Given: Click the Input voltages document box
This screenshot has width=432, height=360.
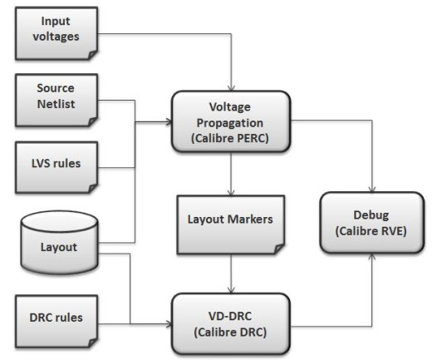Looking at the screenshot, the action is (56, 33).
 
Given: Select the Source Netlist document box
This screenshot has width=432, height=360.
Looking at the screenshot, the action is (56, 101).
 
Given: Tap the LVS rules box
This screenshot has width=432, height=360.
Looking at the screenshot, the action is (56, 167).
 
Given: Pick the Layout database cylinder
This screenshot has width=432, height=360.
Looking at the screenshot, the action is (59, 243).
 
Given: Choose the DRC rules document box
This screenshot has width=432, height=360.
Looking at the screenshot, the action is (56, 321).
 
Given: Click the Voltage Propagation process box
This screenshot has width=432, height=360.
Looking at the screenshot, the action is (231, 121).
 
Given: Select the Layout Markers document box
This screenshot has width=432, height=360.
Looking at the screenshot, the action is (231, 224).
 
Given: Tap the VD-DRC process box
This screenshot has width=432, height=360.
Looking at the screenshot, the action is (231, 323).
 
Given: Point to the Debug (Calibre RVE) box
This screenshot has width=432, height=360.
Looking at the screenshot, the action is (372, 223).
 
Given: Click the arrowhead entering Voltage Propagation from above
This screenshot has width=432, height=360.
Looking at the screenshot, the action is (231, 88).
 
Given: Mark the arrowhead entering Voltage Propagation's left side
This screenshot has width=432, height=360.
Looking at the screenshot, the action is (169, 121).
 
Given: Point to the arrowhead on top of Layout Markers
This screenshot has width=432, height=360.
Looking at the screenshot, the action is (231, 193).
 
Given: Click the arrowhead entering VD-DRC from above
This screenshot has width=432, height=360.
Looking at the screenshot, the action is (231, 290).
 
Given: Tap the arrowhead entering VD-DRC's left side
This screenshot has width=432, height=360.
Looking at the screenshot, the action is (169, 323).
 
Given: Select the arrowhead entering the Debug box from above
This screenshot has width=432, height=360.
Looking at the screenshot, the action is (372, 189).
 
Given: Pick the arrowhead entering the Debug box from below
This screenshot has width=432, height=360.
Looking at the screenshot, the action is (372, 256).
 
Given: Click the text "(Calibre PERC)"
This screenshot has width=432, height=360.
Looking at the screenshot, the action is (230, 138).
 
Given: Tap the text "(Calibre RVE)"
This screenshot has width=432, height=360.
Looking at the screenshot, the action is (371, 231).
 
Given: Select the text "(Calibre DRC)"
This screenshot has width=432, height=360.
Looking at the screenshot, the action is (230, 332).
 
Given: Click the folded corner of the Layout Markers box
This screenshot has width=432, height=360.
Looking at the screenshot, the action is (279, 249).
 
